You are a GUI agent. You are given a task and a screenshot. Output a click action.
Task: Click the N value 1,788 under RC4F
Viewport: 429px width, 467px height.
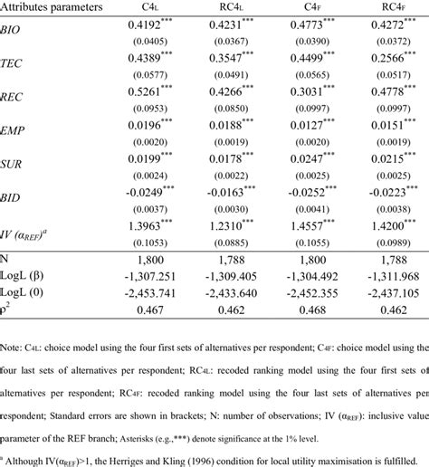coord(382,261)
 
